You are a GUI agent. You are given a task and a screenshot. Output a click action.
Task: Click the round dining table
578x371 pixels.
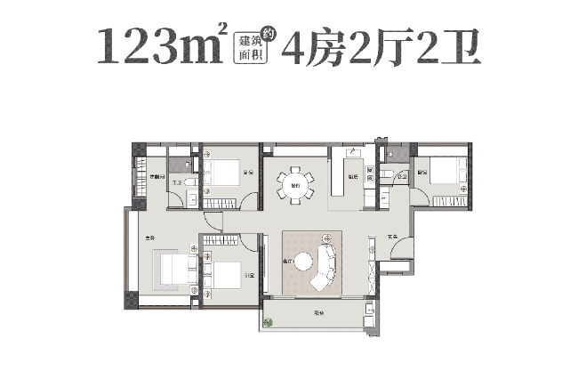click(x=294, y=185)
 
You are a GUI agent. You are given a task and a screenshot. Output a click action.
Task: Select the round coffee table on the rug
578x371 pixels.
click(x=304, y=262)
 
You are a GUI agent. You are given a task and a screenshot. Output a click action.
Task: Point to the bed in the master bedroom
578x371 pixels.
click(x=173, y=270)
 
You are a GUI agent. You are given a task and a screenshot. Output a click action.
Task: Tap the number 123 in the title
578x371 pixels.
click(x=146, y=46)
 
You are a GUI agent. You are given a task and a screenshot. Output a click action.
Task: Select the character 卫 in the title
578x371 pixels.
click(x=459, y=45)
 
